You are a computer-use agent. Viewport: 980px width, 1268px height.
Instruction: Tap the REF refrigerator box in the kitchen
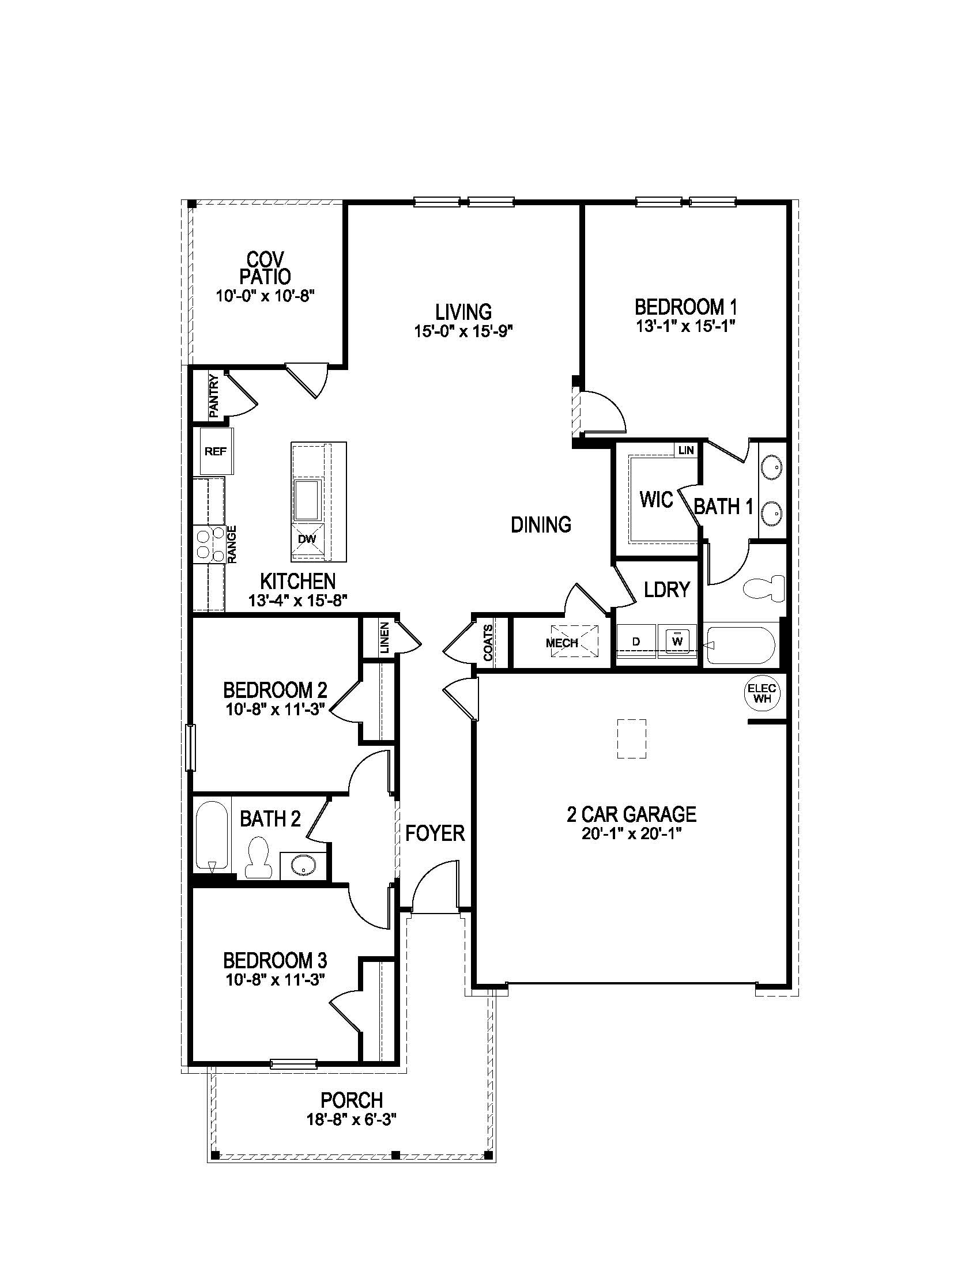click(216, 452)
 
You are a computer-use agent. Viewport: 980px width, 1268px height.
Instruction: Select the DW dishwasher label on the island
click(307, 539)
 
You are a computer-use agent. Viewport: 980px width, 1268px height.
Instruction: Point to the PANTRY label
click(214, 396)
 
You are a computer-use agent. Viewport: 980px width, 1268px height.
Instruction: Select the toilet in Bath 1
click(763, 587)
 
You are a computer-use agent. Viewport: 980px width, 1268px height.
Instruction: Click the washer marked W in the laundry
click(677, 641)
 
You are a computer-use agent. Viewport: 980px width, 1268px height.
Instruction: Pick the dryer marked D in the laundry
click(636, 641)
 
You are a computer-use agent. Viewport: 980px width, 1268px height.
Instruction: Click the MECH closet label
click(561, 643)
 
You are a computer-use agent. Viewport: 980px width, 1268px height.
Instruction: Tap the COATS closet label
click(488, 643)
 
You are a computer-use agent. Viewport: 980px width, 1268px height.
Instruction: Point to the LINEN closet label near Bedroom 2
click(385, 638)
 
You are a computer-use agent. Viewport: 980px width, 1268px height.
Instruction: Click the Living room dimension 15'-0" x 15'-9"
click(464, 331)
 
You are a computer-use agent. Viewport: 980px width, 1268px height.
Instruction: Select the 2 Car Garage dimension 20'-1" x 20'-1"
click(631, 834)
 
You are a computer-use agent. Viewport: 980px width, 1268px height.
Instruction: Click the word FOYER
click(435, 834)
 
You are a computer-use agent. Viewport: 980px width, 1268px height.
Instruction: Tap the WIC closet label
click(656, 499)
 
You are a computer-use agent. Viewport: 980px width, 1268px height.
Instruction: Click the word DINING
click(541, 525)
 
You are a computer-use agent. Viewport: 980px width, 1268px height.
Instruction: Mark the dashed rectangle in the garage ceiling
click(631, 738)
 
